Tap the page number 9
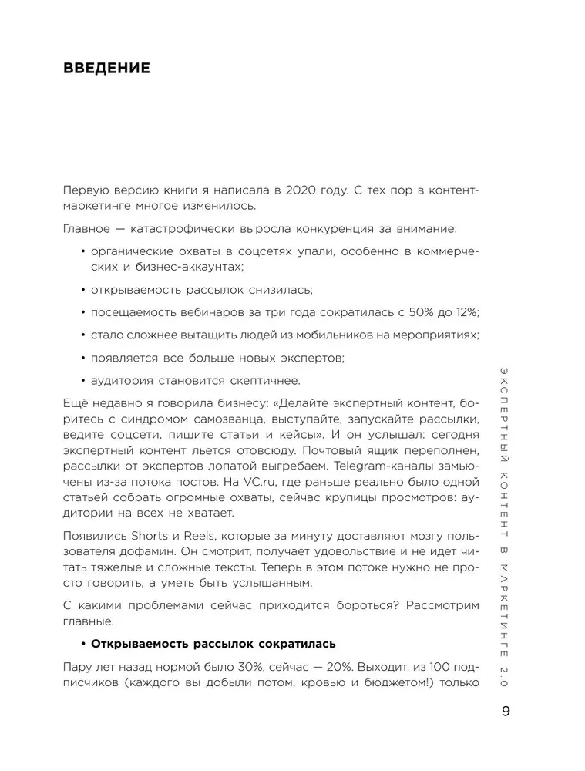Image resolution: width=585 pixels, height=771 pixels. (x=506, y=712)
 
